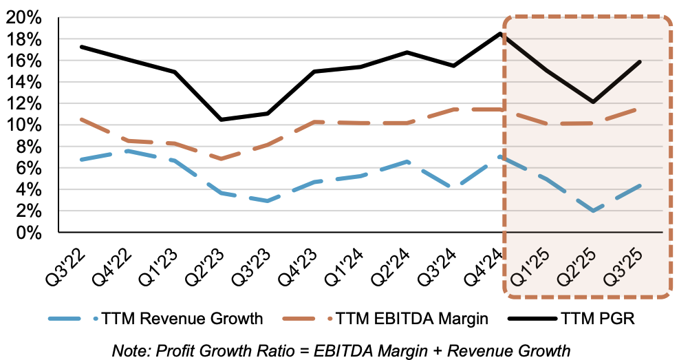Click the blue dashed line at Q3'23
click(267, 201)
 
